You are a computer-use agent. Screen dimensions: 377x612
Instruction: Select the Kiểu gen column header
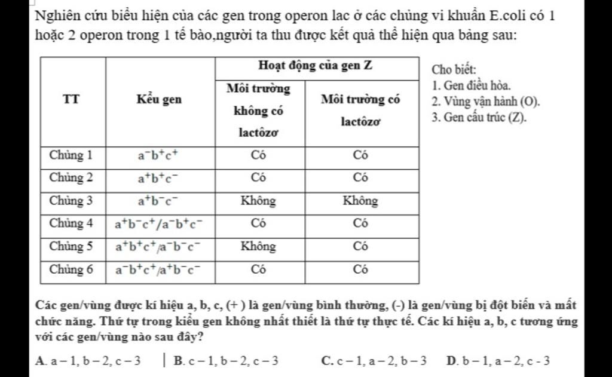click(159, 100)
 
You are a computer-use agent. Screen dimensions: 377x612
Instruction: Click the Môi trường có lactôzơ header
click(360, 109)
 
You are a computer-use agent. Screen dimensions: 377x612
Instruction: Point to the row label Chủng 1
click(71, 155)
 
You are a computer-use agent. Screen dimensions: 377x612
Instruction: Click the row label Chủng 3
click(71, 201)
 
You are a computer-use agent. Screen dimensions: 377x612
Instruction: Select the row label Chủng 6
click(71, 269)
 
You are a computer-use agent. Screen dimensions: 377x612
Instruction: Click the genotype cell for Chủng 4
click(159, 224)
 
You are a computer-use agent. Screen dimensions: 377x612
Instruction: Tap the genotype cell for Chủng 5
click(159, 247)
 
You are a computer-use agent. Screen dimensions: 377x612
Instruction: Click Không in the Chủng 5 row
click(258, 246)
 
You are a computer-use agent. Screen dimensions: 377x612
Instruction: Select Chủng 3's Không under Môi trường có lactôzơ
click(360, 201)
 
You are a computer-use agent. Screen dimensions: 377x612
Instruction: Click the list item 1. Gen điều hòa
click(471, 87)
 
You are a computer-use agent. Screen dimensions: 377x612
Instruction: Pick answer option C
click(374, 360)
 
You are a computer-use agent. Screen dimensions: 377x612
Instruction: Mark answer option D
click(498, 360)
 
